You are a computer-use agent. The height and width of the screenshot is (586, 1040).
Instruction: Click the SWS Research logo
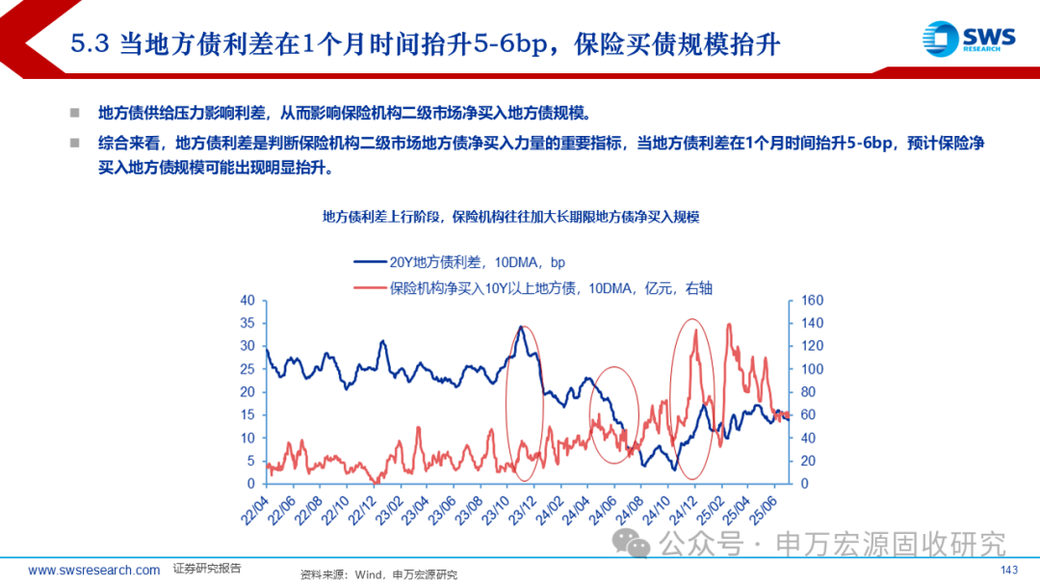968,39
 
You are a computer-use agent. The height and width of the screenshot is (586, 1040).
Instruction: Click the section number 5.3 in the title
92,44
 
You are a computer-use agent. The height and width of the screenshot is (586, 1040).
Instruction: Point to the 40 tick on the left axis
247,300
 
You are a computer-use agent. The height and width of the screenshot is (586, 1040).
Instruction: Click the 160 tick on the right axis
812,300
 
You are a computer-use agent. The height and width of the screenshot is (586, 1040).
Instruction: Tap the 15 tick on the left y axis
247,414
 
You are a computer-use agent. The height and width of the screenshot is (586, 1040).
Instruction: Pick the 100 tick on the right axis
812,369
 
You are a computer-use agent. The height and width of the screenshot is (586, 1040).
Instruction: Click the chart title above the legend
510,217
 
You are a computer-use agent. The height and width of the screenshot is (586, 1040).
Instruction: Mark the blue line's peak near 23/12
521,328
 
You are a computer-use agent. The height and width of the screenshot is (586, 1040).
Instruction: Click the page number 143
1009,571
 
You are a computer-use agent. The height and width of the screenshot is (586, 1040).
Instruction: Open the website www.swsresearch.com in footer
93,571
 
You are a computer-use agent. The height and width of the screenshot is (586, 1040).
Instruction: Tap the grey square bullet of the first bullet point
74,113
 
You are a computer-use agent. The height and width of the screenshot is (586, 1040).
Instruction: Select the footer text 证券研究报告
207,569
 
